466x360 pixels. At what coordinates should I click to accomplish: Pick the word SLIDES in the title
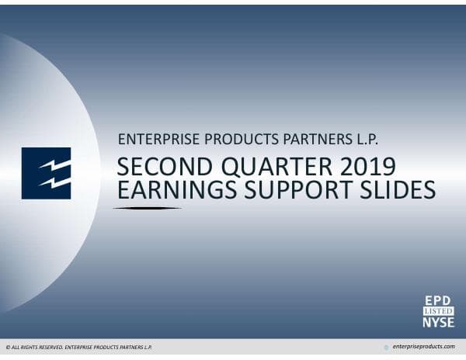click(x=393, y=190)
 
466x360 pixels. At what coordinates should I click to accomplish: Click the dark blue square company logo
click(x=46, y=173)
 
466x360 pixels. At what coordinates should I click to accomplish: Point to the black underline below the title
click(x=148, y=208)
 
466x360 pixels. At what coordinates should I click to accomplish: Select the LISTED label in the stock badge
click(x=437, y=310)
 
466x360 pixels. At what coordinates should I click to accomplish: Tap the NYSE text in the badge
click(x=437, y=321)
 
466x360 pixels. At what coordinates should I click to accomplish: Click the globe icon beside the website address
click(x=386, y=347)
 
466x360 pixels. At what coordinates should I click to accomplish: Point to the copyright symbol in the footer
click(x=8, y=347)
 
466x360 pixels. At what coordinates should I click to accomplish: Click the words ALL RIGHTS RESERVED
click(x=36, y=347)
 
